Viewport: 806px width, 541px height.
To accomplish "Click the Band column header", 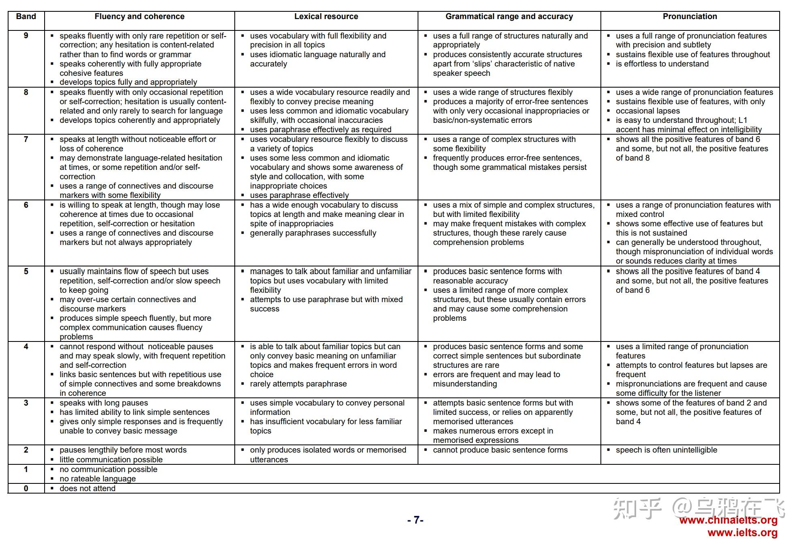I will coord(26,17).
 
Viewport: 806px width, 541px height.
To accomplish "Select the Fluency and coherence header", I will coord(139,17).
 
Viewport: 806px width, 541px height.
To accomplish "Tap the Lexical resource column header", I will coord(326,17).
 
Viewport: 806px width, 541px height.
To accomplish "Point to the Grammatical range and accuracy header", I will coord(509,17).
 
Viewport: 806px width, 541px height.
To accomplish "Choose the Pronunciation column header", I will coord(690,17).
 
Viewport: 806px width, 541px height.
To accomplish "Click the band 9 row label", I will coord(26,36).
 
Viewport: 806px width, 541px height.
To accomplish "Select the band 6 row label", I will coord(26,205).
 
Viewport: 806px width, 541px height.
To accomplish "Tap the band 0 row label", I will coord(26,488).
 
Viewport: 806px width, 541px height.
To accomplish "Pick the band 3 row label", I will coord(26,403).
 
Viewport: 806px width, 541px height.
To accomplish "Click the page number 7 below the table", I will coord(415,520).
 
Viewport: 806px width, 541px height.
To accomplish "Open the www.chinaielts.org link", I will coord(728,520).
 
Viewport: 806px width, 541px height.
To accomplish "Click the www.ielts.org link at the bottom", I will coord(742,532).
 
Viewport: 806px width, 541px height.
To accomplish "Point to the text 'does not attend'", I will coord(87,488).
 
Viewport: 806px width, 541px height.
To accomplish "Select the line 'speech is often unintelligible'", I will coord(666,450).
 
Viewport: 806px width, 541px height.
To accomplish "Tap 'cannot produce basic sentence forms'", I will coord(500,450).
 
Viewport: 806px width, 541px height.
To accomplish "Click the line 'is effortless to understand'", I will coord(662,64).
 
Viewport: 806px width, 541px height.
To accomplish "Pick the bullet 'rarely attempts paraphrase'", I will coord(298,384).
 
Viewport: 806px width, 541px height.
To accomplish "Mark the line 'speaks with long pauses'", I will coord(103,403).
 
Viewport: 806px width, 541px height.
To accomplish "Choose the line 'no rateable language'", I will coord(97,479).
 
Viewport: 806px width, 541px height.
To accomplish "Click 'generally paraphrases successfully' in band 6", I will coord(313,233).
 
